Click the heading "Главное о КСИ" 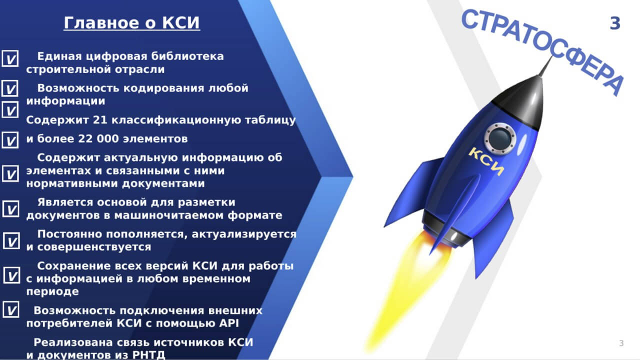tap(131, 22)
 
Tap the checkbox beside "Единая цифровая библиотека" tap(10, 58)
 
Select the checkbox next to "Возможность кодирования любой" tap(10, 88)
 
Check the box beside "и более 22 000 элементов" tap(10, 140)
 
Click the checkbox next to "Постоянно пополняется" tap(11, 240)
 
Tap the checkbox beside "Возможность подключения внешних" tap(11, 309)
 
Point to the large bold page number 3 tap(615, 23)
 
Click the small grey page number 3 tap(621, 343)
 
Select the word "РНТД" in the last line tap(148, 355)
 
